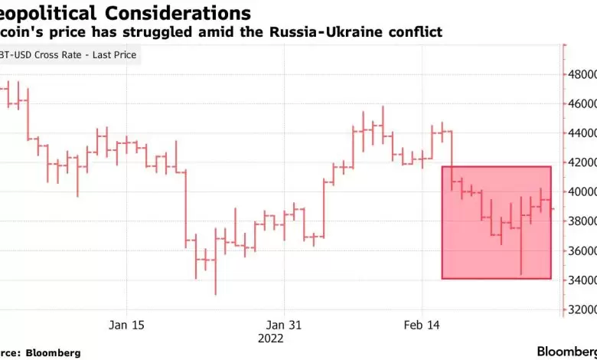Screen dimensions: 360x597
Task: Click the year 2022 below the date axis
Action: (x=270, y=338)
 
